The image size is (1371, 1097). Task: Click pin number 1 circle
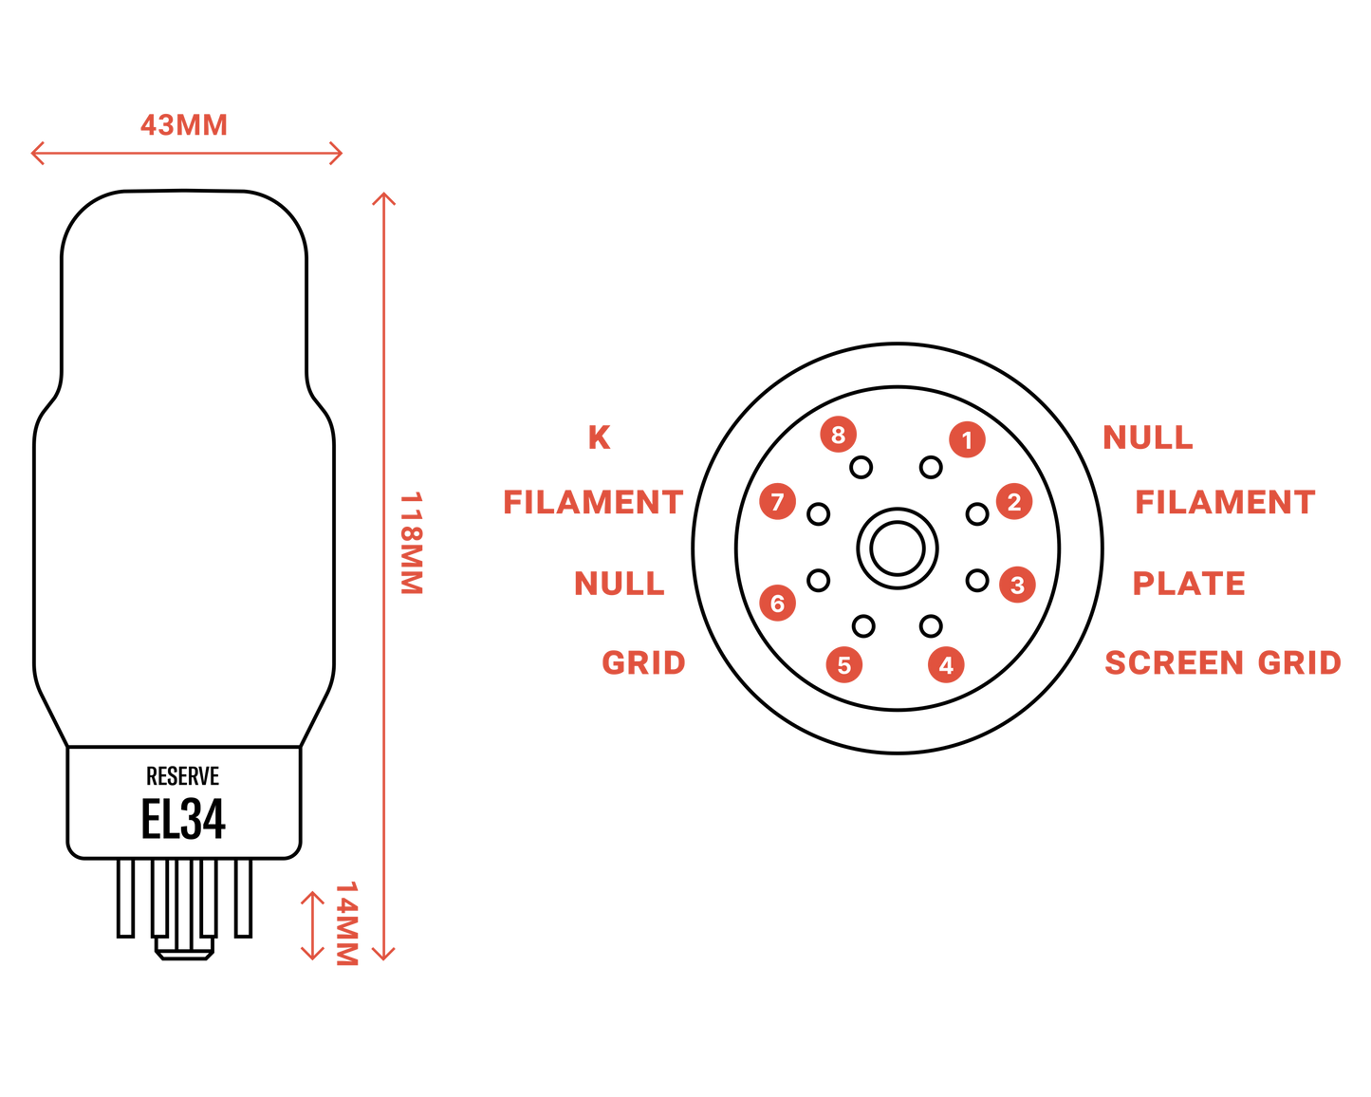click(x=967, y=439)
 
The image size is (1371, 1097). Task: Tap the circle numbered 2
click(x=1014, y=501)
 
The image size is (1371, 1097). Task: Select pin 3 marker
click(x=1017, y=585)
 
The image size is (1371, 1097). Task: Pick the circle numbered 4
click(x=946, y=665)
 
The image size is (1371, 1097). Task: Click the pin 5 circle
click(x=843, y=665)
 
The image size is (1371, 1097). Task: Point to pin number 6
click(x=777, y=603)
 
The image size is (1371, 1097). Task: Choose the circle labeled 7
click(x=777, y=501)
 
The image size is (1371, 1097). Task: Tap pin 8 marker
click(x=838, y=435)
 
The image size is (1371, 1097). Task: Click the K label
click(x=600, y=437)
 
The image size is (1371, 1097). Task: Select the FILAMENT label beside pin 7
click(x=593, y=502)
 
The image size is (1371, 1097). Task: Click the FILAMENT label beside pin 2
click(x=1225, y=502)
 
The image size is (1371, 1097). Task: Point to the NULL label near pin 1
click(x=1147, y=437)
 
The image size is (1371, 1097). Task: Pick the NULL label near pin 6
click(x=620, y=583)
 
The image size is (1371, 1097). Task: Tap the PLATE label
click(x=1189, y=584)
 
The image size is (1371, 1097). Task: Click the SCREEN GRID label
click(x=1222, y=662)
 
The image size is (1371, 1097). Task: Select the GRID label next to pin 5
click(x=643, y=662)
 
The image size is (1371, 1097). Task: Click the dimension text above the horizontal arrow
click(x=184, y=124)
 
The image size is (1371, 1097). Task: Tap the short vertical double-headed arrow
click(x=312, y=925)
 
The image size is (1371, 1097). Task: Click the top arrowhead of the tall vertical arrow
click(x=383, y=198)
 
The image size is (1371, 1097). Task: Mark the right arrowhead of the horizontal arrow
click(x=337, y=153)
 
